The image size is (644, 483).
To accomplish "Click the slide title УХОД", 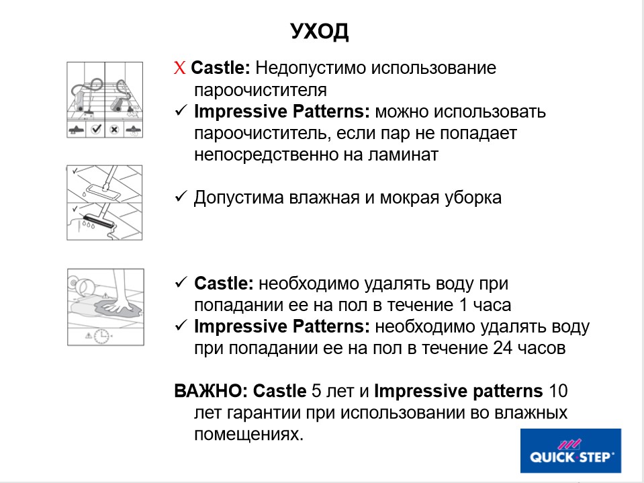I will coord(320,32).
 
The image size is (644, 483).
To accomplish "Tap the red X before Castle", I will coord(179,69).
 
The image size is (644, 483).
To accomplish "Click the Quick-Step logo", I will coord(571,451).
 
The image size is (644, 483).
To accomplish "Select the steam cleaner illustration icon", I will coord(105,100).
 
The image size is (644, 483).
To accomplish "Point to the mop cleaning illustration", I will coord(105,202).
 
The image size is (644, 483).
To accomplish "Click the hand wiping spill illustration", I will coord(105,306).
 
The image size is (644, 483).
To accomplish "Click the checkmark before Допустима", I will coord(180,198).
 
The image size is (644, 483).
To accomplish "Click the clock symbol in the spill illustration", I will coord(101,335).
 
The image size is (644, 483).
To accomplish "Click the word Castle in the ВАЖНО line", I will coord(279,391).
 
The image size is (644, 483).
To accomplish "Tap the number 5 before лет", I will coord(316,391).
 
